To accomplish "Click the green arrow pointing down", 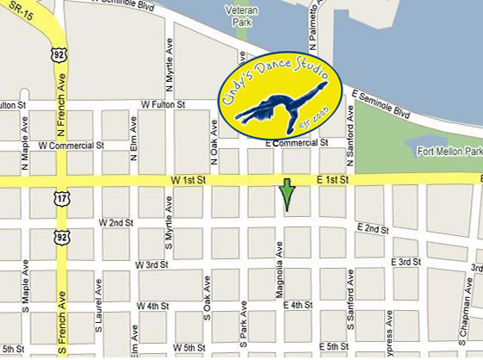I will coord(287,195).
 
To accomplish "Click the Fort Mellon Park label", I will coord(448,152).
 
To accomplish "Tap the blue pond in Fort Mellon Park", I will coord(427,141).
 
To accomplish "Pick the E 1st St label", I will coord(331,180).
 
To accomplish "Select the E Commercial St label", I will coord(296,143).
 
